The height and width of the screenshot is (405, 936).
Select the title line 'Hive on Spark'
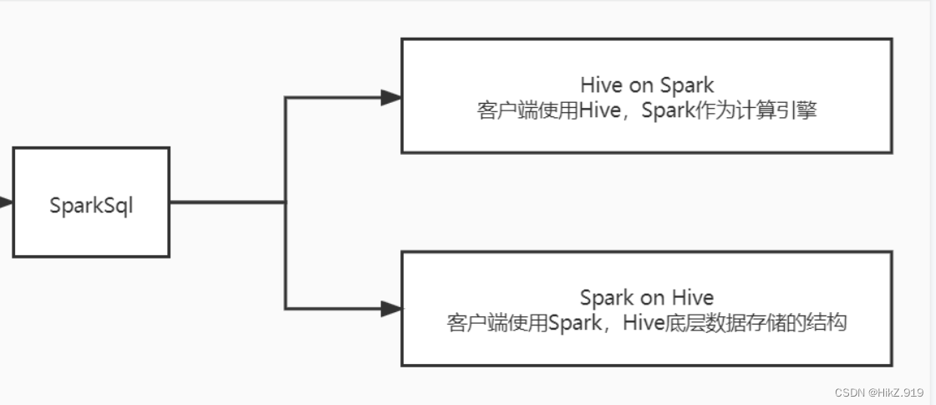click(x=647, y=85)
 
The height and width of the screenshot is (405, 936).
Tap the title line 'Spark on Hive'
click(x=647, y=297)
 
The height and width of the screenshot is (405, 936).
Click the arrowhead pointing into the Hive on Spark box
click(x=391, y=98)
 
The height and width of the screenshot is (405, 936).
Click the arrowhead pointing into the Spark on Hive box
click(x=391, y=310)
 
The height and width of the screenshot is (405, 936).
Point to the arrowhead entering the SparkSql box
click(x=6, y=202)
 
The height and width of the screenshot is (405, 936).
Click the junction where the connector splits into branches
click(x=286, y=202)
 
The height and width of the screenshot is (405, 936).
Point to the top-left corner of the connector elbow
click(x=286, y=98)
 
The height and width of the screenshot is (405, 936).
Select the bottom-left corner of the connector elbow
click(x=286, y=310)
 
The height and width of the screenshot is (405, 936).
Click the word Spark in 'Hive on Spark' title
click(x=687, y=85)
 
